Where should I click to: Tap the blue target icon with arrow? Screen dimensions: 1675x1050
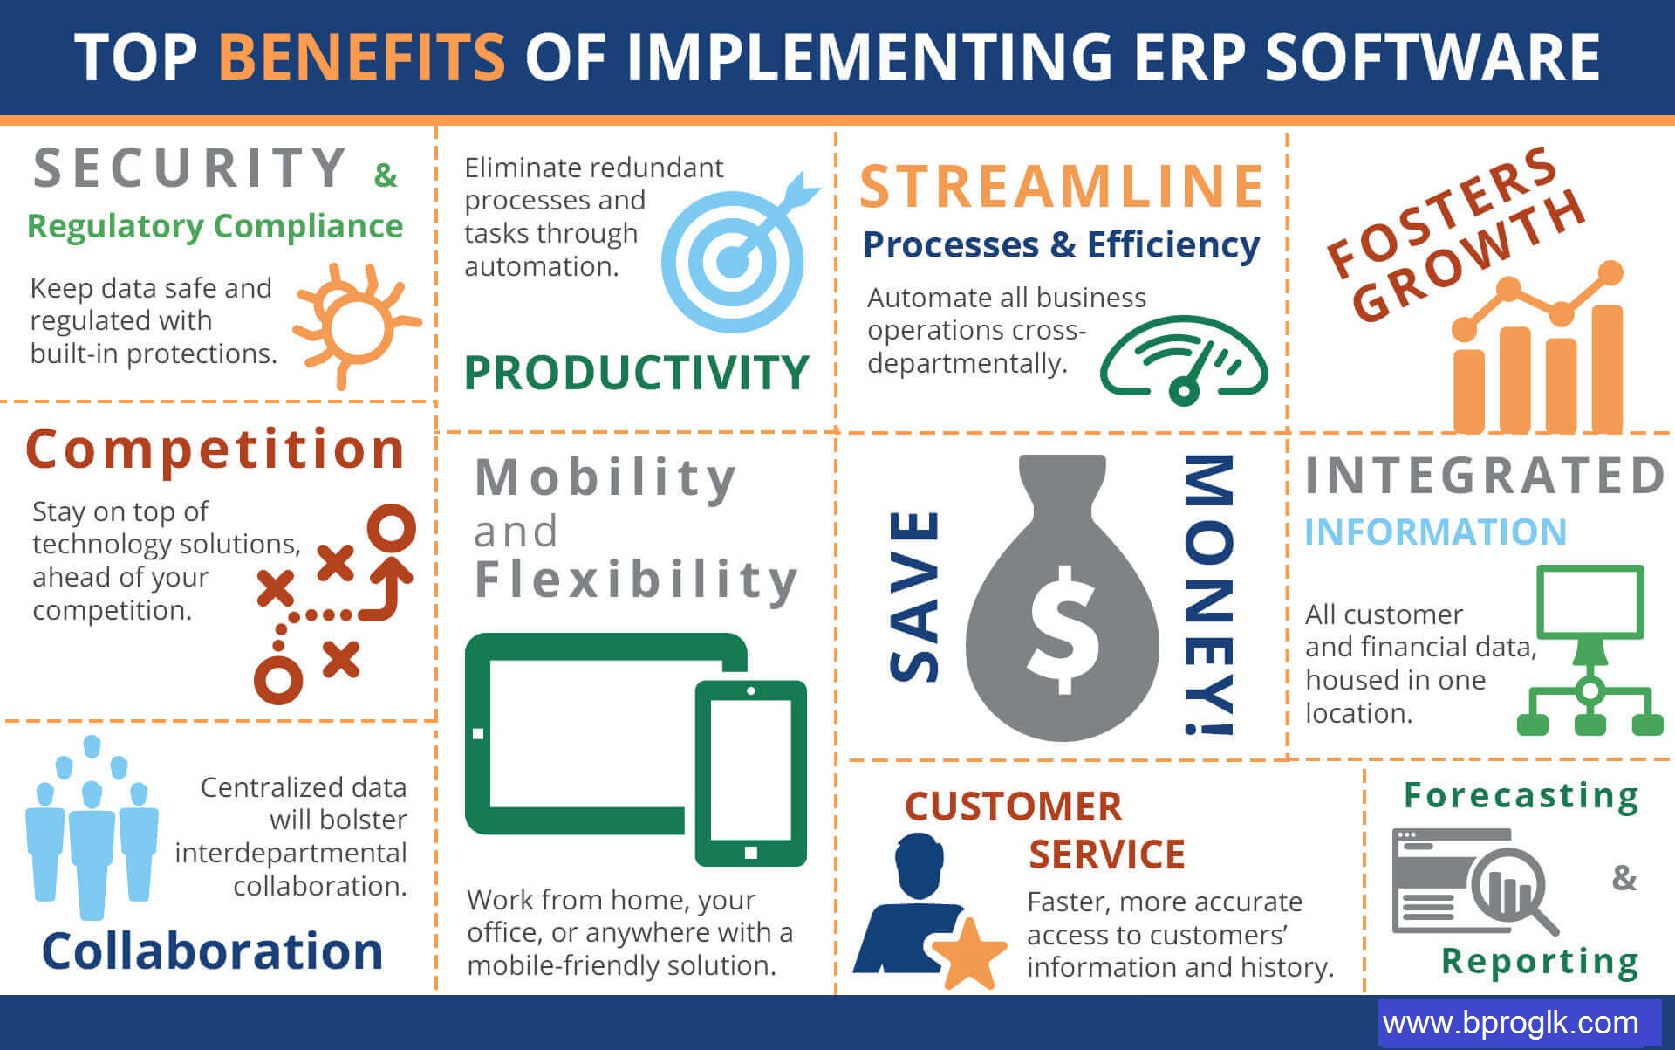click(738, 253)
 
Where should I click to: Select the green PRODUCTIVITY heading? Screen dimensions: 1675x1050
click(637, 374)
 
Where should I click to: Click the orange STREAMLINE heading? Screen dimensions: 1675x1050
click(1062, 186)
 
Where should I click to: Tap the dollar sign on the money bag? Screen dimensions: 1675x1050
click(1063, 628)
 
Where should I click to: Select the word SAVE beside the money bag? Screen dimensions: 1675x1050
click(914, 595)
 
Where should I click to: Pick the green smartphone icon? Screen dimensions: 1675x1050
click(750, 772)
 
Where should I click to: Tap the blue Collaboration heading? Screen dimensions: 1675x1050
click(213, 950)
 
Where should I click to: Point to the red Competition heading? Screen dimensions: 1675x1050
click(215, 450)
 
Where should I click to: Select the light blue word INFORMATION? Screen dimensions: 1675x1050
click(1435, 532)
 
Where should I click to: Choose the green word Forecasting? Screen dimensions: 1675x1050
click(1521, 797)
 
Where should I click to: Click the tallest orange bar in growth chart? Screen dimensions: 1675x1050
click(1607, 367)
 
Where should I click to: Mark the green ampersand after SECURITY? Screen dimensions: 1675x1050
click(386, 175)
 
